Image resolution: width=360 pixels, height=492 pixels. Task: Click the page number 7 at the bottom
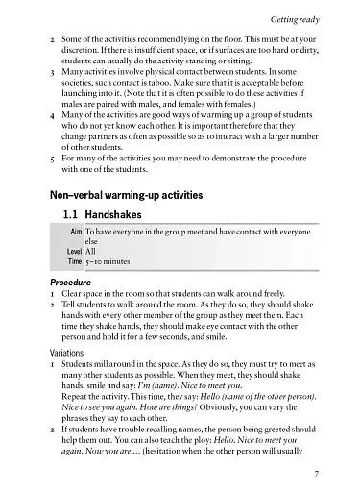(x=329, y=473)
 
